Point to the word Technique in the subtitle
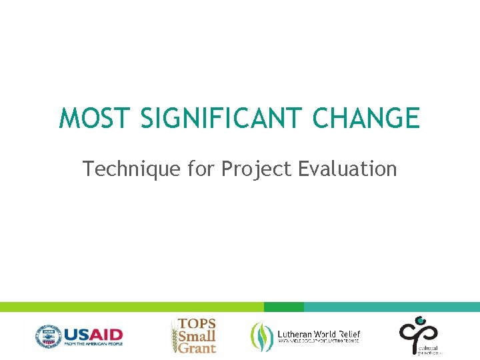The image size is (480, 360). coord(131,169)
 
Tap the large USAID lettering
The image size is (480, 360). coord(93,333)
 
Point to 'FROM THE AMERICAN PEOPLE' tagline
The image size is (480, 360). coord(93,344)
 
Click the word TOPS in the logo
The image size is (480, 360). coord(197,323)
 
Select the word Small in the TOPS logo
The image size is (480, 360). coord(197,335)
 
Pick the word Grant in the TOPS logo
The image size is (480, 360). coord(197,348)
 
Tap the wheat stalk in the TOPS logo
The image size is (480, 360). coord(175,337)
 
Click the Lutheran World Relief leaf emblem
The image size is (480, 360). coord(261,335)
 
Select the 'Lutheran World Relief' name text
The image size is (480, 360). coord(319,333)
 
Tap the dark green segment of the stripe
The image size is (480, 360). coord(283,307)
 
